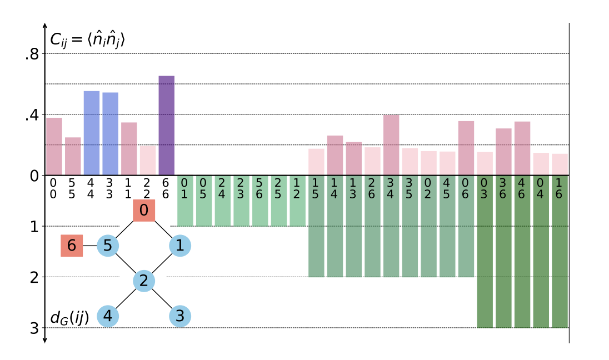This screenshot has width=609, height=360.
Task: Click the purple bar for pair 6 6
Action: [167, 126]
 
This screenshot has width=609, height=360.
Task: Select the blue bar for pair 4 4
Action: [92, 133]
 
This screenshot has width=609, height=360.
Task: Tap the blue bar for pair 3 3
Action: [111, 134]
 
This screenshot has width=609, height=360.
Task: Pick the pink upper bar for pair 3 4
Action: [391, 145]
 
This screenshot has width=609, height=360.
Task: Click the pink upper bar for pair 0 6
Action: [466, 148]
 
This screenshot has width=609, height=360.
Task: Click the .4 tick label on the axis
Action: [32, 115]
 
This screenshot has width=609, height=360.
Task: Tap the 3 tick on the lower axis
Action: [34, 328]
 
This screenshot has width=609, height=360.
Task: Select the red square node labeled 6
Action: [72, 246]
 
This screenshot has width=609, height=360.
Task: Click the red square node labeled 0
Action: [144, 211]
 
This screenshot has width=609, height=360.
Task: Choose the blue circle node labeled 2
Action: [144, 281]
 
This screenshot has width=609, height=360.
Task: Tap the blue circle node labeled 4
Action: [108, 316]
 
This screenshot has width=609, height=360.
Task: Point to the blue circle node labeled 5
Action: [108, 246]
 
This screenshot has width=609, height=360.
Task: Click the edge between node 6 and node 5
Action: [90, 246]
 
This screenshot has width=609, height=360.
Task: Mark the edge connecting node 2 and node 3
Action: [162, 299]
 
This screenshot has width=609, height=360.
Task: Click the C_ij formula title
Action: [88, 39]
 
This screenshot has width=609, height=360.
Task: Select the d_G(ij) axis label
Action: [69, 318]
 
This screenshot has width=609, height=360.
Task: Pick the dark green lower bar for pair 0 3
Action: [485, 261]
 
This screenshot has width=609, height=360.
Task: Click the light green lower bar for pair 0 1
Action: [185, 206]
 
